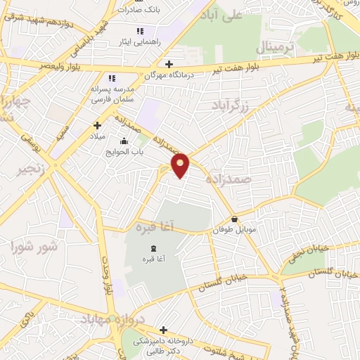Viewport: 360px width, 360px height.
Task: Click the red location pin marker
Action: (181, 165)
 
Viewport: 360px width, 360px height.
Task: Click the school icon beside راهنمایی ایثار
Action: (140, 31)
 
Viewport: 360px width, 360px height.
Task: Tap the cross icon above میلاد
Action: (97, 125)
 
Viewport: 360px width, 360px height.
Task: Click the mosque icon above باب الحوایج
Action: (124, 141)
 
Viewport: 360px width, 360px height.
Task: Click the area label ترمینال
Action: (274, 48)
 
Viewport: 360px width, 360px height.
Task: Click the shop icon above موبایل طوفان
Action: (234, 219)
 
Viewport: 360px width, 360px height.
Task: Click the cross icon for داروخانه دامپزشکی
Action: (164, 329)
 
